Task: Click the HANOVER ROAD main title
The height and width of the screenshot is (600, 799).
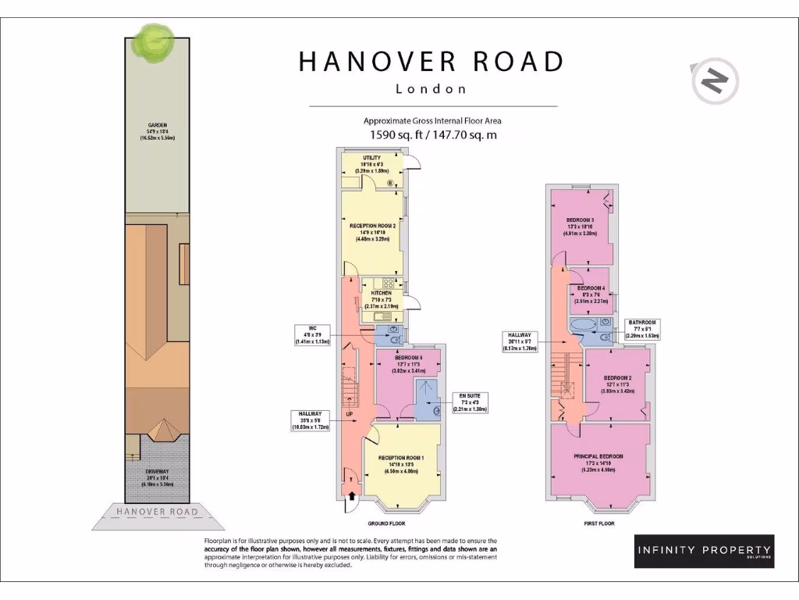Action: [x=431, y=62]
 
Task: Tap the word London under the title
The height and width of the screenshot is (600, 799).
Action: [x=431, y=89]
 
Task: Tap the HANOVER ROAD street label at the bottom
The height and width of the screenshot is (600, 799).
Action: [x=157, y=512]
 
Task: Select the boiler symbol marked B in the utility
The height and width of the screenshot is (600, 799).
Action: [x=389, y=184]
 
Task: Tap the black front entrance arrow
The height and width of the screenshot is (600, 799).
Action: [x=350, y=495]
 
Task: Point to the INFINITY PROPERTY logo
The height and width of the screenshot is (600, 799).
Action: [x=703, y=551]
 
